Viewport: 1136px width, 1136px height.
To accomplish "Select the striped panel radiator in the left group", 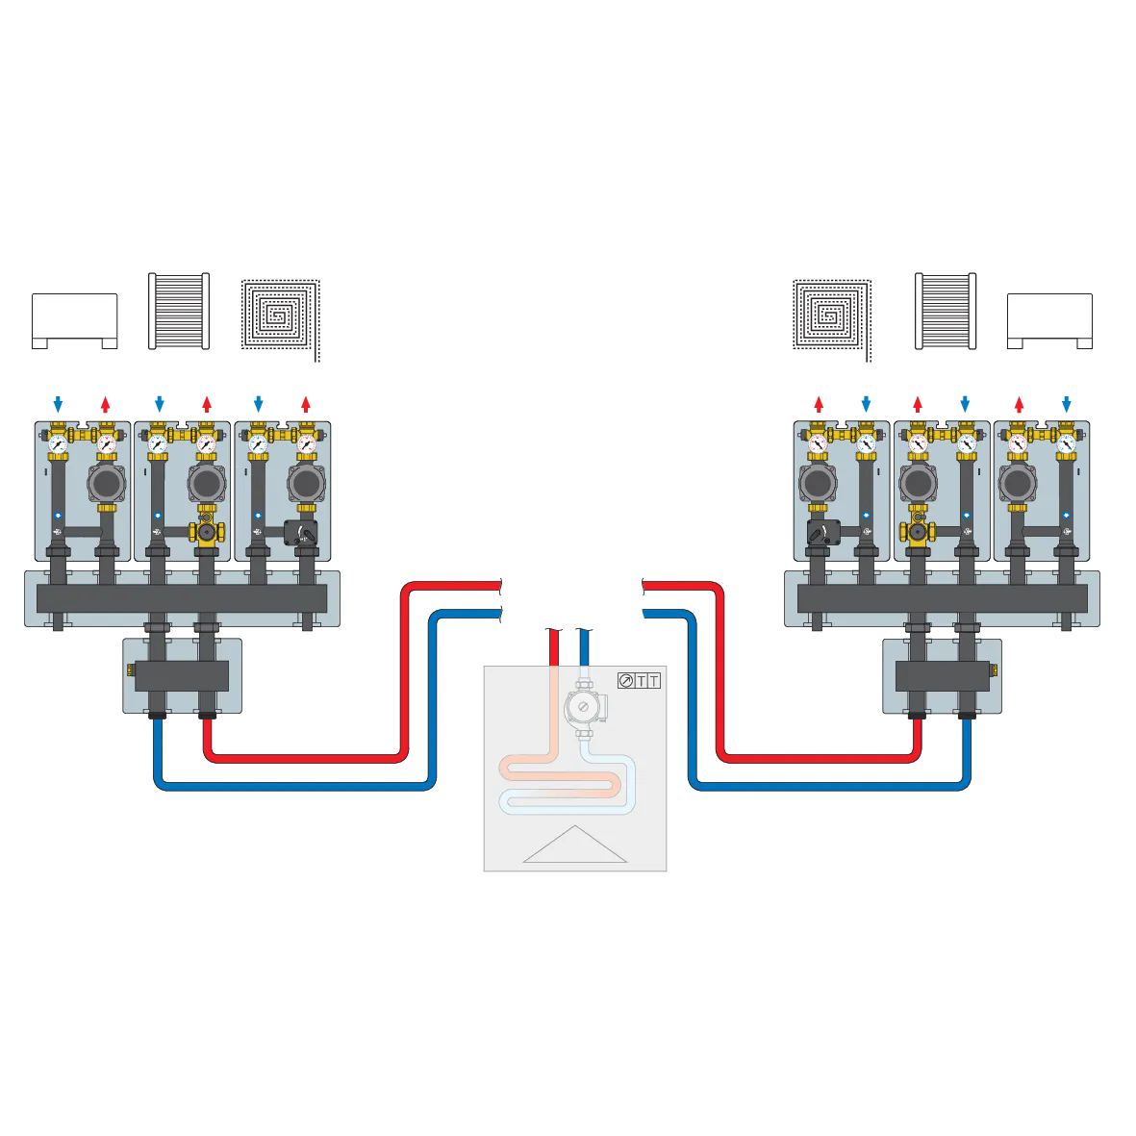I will [x=178, y=311].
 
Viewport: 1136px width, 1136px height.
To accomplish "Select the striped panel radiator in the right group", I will [x=944, y=311].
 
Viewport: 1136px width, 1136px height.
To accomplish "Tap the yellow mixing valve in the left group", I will [x=205, y=530].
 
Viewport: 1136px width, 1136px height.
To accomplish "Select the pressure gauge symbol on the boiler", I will [x=626, y=682].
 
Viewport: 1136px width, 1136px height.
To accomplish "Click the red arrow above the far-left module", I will [x=106, y=401].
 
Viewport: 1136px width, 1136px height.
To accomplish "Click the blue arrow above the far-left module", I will [x=59, y=401].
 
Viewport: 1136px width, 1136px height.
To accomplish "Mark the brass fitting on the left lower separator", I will [x=132, y=665].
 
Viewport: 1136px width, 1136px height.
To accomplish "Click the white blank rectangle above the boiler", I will [x=571, y=597].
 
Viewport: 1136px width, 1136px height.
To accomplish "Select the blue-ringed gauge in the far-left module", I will [x=59, y=444].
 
